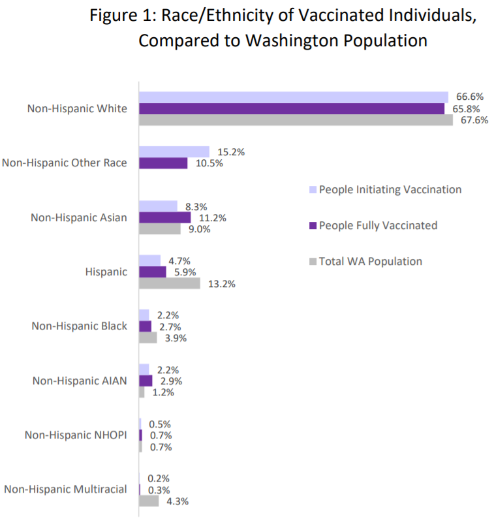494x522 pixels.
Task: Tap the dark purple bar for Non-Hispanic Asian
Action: click(164, 217)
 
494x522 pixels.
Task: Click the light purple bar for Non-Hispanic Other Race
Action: click(174, 151)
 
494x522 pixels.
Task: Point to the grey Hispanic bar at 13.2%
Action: click(170, 284)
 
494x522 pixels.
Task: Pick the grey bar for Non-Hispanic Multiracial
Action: click(149, 501)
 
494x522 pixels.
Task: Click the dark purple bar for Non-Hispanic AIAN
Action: click(146, 380)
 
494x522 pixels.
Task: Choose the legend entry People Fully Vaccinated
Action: click(378, 225)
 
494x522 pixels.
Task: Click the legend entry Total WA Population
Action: click(370, 261)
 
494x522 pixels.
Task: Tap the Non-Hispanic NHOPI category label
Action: click(76, 435)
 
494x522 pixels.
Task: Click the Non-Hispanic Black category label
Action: click(80, 326)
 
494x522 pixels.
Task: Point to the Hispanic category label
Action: click(106, 271)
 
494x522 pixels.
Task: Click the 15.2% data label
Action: click(231, 151)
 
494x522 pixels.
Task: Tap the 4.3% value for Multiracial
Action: click(178, 501)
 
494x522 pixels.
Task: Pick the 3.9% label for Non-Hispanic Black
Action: click(176, 338)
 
